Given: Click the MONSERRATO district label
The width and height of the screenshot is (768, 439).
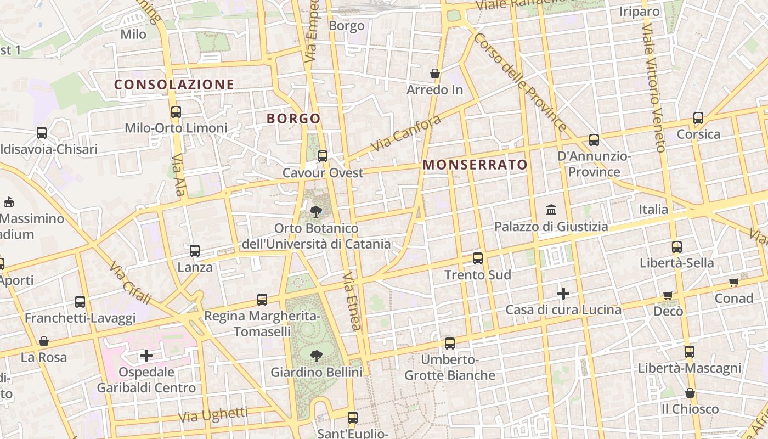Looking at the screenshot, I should pyautogui.click(x=475, y=165).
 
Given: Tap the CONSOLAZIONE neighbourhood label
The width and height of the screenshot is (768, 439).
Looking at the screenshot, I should pyautogui.click(x=174, y=85).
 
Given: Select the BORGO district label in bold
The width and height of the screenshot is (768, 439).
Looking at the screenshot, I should pyautogui.click(x=293, y=119).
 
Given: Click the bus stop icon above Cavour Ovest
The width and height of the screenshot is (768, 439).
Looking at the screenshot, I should pyautogui.click(x=323, y=156).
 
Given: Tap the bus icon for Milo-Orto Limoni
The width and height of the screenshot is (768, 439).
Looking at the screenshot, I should pyautogui.click(x=176, y=112).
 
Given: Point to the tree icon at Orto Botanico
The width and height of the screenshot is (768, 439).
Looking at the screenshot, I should pyautogui.click(x=316, y=212).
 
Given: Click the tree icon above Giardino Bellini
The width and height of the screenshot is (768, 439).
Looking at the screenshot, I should pyautogui.click(x=316, y=356).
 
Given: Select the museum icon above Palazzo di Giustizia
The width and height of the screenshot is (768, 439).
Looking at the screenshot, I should pyautogui.click(x=551, y=210).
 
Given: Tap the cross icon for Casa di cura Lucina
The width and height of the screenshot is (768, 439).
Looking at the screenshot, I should pyautogui.click(x=563, y=294).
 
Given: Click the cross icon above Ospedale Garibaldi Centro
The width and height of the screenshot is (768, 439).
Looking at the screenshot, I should pyautogui.click(x=146, y=356).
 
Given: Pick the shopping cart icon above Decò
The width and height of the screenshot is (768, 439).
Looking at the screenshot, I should pyautogui.click(x=668, y=295).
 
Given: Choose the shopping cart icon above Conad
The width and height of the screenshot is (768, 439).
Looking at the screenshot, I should pyautogui.click(x=734, y=282).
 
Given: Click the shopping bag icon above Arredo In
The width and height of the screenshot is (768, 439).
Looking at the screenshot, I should pyautogui.click(x=435, y=74).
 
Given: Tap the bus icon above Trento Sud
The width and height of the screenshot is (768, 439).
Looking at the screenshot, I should pyautogui.click(x=478, y=258).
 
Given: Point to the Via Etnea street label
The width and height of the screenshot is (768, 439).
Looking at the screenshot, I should pyautogui.click(x=352, y=301).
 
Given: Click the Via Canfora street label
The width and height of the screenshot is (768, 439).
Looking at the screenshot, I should pyautogui.click(x=406, y=133).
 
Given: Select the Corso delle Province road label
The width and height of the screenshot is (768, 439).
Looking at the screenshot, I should pyautogui.click(x=519, y=82).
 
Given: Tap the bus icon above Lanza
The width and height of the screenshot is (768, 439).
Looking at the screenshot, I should pyautogui.click(x=195, y=251).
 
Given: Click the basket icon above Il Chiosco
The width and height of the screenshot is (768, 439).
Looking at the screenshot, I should pyautogui.click(x=690, y=393).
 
